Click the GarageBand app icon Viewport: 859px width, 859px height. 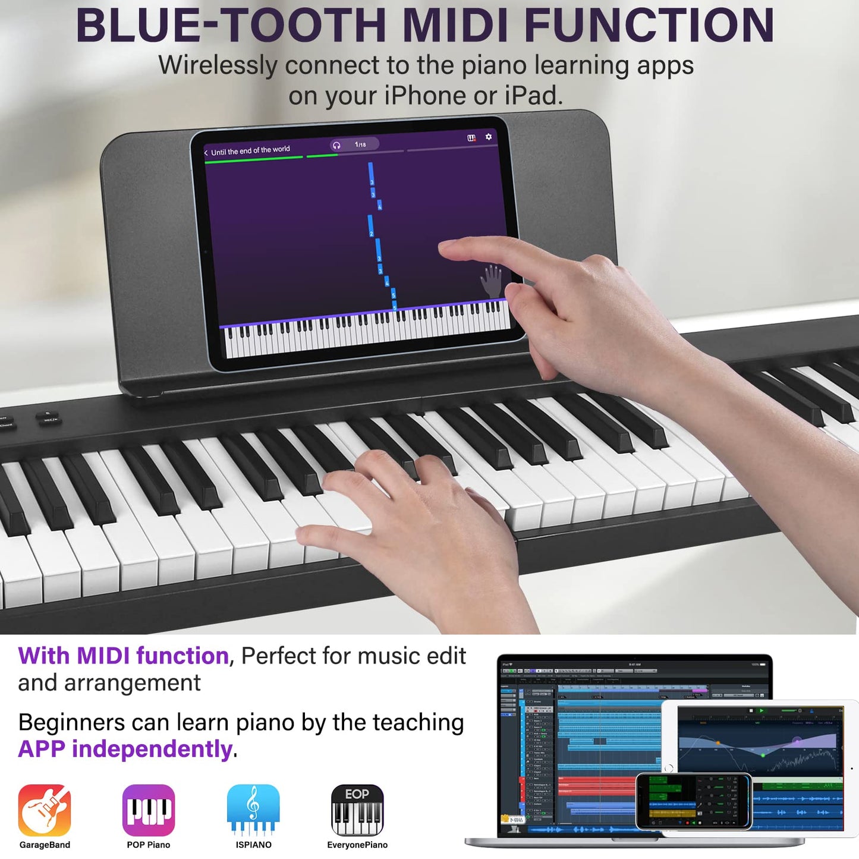(x=45, y=810)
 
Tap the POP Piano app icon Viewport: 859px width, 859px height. (x=149, y=810)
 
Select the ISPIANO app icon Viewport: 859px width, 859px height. (x=253, y=810)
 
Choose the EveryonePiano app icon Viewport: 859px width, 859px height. (x=357, y=810)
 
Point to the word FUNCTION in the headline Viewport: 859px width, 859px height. (x=649, y=25)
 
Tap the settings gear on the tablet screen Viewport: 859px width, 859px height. (x=489, y=137)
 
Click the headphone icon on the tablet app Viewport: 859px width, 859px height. (x=336, y=146)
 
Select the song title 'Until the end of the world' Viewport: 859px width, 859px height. (x=250, y=150)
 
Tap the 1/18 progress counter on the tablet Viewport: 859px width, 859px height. (x=360, y=144)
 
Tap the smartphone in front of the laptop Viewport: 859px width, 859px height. (x=694, y=801)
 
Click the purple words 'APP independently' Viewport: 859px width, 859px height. (x=125, y=749)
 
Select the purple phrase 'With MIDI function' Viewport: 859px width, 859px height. (x=123, y=656)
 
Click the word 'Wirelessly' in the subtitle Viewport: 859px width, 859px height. (x=218, y=65)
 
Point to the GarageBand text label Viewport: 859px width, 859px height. (x=45, y=845)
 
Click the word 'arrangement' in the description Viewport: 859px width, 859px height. (x=133, y=683)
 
